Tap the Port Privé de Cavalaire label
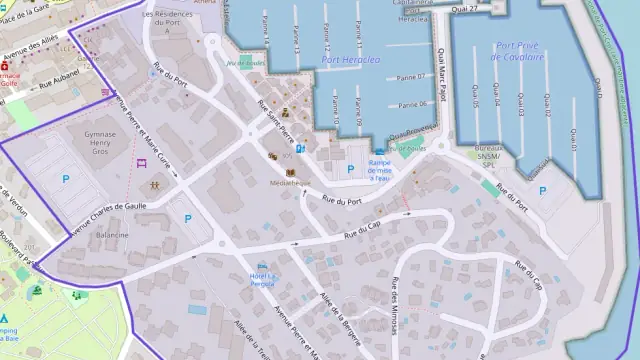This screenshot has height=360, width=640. click(534, 51)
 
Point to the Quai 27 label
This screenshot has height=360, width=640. click(464, 8)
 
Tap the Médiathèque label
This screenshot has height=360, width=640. click(288, 183)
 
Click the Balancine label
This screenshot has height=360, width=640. click(112, 235)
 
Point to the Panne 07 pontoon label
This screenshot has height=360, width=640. click(412, 77)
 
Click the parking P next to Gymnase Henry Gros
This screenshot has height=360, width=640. click(66, 179)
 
